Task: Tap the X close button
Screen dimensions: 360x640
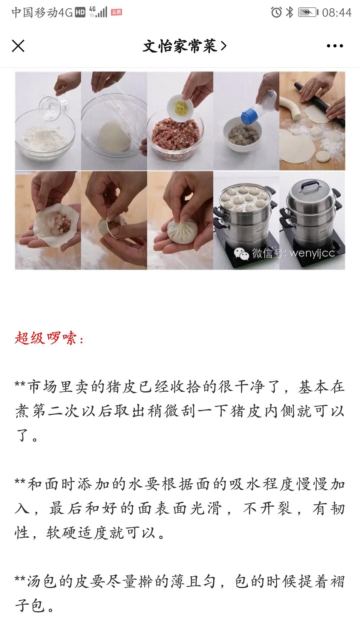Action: (x=18, y=46)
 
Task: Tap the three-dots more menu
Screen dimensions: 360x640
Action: (x=335, y=46)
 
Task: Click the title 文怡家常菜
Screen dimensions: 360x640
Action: (x=180, y=46)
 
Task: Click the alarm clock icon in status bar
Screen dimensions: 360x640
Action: (x=276, y=12)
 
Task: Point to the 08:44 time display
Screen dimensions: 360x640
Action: (x=337, y=13)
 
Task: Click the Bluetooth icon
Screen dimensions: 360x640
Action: (x=290, y=12)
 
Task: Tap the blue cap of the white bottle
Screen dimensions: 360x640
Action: (x=250, y=115)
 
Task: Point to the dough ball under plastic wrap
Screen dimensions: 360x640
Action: (x=114, y=135)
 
